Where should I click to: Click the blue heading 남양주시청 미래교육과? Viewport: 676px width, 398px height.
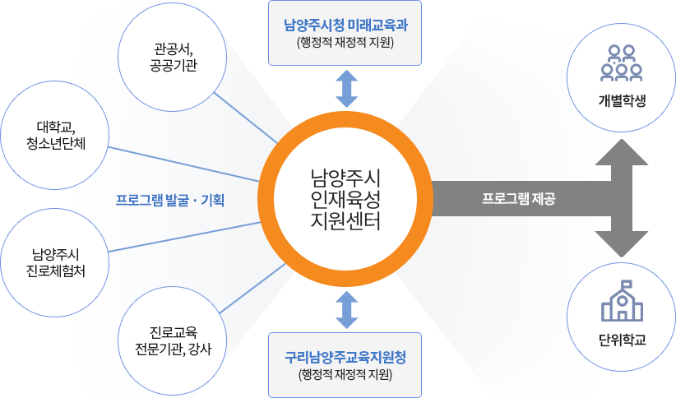(x=345, y=23)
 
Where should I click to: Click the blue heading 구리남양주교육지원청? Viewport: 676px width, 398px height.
(x=345, y=358)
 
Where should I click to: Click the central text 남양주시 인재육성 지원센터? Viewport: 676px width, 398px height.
(x=345, y=198)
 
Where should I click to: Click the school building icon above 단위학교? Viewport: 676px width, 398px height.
(x=622, y=303)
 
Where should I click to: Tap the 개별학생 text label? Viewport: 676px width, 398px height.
(x=622, y=101)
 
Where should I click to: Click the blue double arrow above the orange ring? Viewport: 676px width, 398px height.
(x=345, y=89)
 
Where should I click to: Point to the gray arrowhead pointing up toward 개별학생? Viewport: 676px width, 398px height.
(x=622, y=152)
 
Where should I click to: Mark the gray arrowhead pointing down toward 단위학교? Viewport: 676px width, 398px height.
(x=622, y=244)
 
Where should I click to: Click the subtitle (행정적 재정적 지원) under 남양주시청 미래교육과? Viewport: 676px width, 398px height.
(x=345, y=40)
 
